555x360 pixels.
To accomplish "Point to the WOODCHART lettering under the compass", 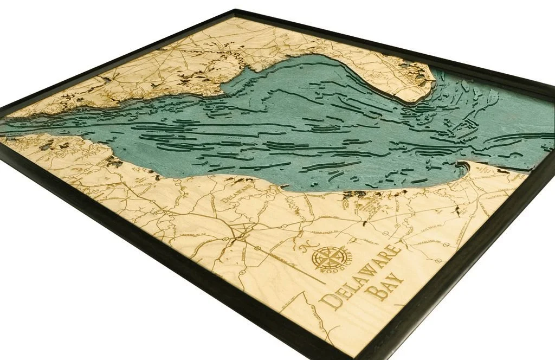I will point(334,267).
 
